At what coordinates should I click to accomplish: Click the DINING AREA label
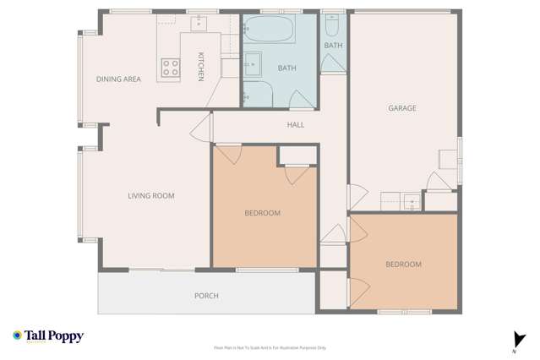click(x=118, y=79)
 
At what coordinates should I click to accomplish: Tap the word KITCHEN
click(x=201, y=67)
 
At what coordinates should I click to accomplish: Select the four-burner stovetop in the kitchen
click(x=171, y=67)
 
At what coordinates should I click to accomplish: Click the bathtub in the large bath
click(x=270, y=35)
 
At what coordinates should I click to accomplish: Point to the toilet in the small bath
click(x=333, y=24)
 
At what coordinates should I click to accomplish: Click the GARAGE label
click(x=403, y=108)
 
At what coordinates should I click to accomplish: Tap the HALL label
click(x=296, y=125)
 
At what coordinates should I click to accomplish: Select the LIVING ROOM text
click(x=150, y=196)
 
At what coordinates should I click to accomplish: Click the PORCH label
click(x=206, y=296)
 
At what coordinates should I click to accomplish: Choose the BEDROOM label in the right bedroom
click(x=403, y=265)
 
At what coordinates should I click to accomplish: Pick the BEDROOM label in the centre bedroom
click(x=262, y=213)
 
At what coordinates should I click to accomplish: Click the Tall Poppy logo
click(x=48, y=335)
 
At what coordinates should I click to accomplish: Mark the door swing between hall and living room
click(x=200, y=129)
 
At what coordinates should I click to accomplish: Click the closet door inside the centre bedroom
click(x=295, y=173)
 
